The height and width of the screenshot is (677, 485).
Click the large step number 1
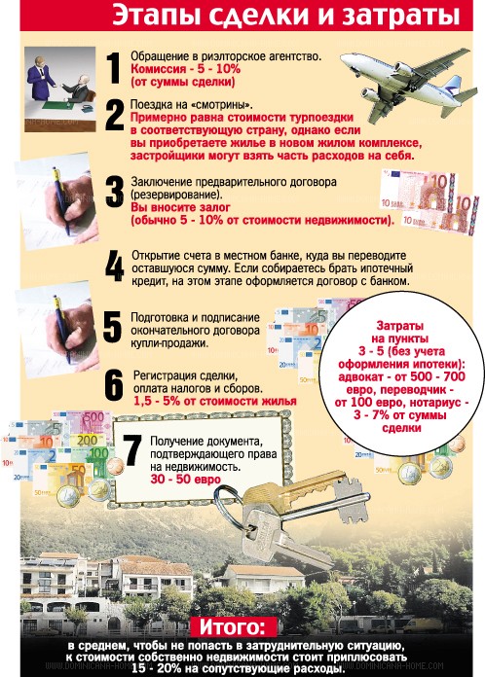pyautogui.click(x=114, y=68)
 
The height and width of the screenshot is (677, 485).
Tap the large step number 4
pyautogui.click(x=115, y=266)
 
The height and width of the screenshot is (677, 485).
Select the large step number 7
pyautogui.click(x=132, y=450)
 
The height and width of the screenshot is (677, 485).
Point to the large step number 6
pyautogui.click(x=114, y=384)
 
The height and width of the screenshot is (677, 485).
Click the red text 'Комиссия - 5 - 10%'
pyautogui.click(x=185, y=69)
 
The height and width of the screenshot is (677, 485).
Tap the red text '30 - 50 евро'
pyautogui.click(x=185, y=480)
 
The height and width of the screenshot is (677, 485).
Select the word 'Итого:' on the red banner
pyautogui.click(x=232, y=627)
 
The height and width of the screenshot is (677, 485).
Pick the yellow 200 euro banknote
pyautogui.click(x=88, y=441)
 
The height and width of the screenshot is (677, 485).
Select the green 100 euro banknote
pyautogui.click(x=98, y=453)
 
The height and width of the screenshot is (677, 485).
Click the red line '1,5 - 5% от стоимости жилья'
pyautogui.click(x=215, y=401)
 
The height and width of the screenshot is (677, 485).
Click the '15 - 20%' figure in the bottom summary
pyautogui.click(x=157, y=669)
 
